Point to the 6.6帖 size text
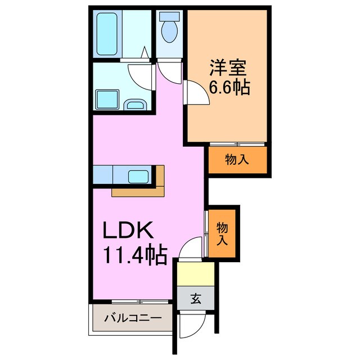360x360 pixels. (x=229, y=88)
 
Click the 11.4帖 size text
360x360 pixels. (x=134, y=256)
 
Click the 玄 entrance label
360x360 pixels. (x=195, y=299)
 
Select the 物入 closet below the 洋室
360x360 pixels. (x=236, y=160)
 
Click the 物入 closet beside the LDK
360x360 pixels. (x=222, y=233)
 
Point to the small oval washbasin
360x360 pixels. (x=134, y=105)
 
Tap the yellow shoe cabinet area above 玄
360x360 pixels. (x=195, y=274)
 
